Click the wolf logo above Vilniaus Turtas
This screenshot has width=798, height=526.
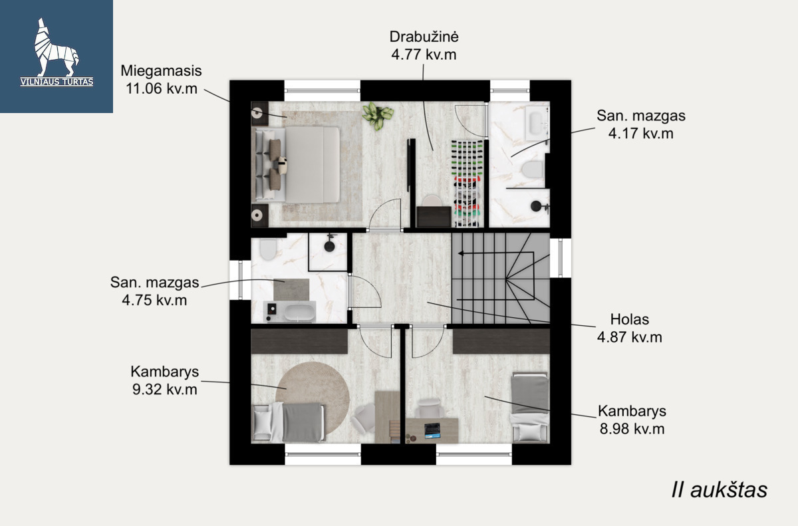coord(57,47)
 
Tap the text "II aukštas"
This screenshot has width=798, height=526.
coord(720,489)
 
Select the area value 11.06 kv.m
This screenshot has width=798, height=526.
coord(162,88)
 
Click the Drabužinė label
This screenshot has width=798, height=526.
coord(424,37)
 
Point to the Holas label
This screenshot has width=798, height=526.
coord(630,319)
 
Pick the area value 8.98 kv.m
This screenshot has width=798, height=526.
coord(632,429)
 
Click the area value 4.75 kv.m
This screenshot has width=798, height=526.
coord(154,300)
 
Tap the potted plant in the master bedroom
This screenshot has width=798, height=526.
coord(378,116)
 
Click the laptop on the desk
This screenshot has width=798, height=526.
coord(432,430)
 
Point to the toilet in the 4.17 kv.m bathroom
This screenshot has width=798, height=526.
coord(533,169)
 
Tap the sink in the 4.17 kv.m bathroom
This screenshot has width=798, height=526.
coord(536,123)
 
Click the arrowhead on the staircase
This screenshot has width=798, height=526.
coord(461,253)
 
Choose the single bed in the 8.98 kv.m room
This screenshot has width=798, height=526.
coord(530,408)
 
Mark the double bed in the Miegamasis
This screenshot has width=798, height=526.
coord(297,164)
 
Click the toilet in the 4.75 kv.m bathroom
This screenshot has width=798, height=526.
coord(268,249)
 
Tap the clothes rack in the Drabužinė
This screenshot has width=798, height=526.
coord(467,183)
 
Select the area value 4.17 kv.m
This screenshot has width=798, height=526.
coord(641,134)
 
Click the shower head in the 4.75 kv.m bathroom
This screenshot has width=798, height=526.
coord(330,246)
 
